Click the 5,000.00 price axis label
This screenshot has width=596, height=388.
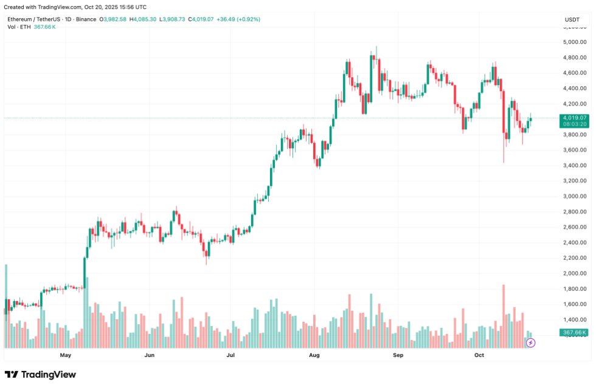click(574, 42)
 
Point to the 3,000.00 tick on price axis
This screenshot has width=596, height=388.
click(574, 196)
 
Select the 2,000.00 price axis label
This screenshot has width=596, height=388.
click(574, 273)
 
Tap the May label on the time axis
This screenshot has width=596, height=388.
click(66, 355)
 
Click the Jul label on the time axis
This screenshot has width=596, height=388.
click(230, 355)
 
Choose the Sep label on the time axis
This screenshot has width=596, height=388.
click(398, 355)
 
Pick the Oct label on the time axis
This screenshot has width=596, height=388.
click(479, 355)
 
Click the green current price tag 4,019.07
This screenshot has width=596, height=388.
click(575, 118)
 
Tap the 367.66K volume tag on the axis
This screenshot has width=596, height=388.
click(575, 333)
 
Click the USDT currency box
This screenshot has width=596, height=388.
click(572, 20)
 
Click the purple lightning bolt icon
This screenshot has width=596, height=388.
click(530, 343)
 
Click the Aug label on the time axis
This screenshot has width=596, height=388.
click(314, 355)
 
